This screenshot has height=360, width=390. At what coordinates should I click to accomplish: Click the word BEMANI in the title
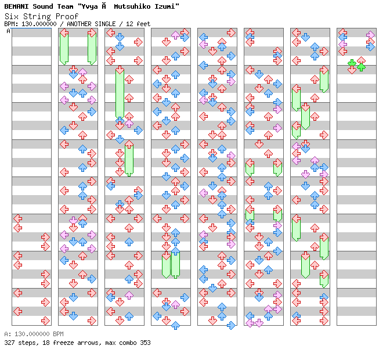pyautogui.click(x=17, y=6)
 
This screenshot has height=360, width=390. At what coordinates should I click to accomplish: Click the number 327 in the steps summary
pyautogui.click(x=9, y=343)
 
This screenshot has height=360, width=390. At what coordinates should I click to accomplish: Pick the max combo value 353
pyautogui.click(x=145, y=343)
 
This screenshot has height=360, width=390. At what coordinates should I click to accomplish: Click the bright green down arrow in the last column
pyautogui.click(x=352, y=63)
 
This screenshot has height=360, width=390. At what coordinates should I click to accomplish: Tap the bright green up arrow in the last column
pyautogui.click(x=361, y=66)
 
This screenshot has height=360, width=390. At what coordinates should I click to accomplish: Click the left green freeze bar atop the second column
pyautogui.click(x=64, y=48)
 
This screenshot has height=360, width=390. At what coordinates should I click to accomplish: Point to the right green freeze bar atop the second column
pyautogui.click(x=92, y=48)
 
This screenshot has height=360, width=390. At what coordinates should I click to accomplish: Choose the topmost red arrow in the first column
pyautogui.click(x=17, y=218)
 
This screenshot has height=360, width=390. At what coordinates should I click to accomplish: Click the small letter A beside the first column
pyautogui.click(x=9, y=31)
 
